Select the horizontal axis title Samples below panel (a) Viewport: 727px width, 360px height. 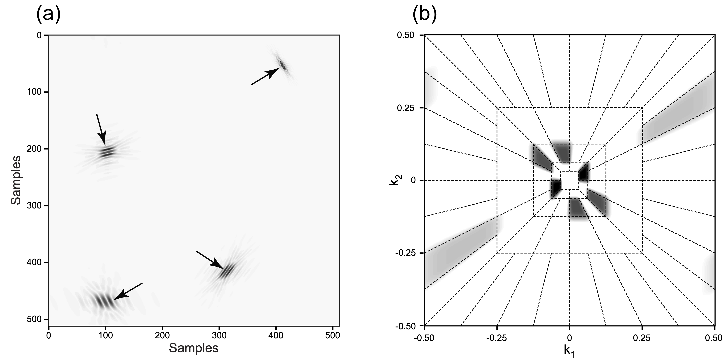194,348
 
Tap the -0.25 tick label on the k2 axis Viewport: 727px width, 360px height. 406,253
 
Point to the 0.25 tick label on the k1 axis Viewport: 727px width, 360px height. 642,338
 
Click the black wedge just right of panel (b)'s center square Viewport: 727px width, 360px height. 583,172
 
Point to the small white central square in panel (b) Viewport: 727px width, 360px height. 569,180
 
